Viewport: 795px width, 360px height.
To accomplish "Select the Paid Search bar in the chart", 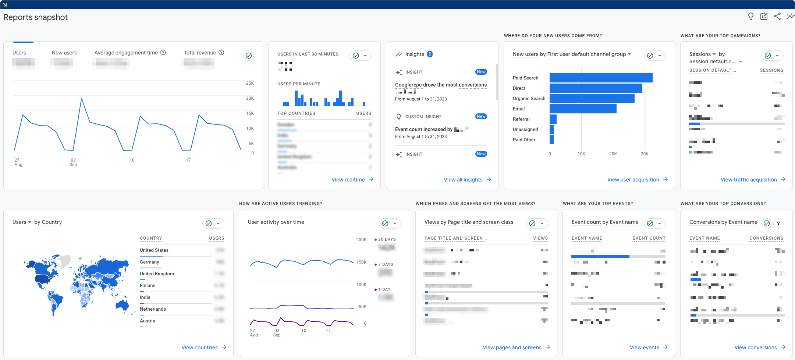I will pos(600,78).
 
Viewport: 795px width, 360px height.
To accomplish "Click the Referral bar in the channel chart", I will pos(553,119).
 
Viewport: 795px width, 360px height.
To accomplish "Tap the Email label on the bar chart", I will pos(518,109).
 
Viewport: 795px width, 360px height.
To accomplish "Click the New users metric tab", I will pos(64,53).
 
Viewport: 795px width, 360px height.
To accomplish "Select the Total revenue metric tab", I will pos(200,53).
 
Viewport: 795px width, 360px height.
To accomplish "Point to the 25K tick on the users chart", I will pos(250,83).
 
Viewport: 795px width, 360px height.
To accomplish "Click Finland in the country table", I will pos(148,286).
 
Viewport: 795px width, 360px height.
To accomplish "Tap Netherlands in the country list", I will pos(153,309).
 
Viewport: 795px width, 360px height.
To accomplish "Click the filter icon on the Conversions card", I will pos(778,223).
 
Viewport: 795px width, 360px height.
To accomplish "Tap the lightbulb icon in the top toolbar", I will pos(751,16).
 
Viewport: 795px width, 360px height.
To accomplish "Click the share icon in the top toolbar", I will pos(777,16).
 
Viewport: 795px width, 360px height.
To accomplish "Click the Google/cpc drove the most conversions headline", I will pos(441,85).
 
